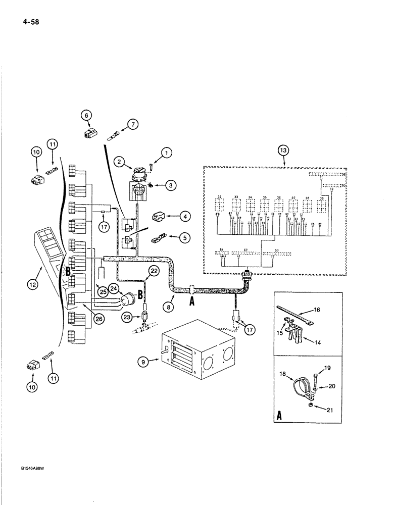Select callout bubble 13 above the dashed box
pos(284,150)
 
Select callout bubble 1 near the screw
pos(165,151)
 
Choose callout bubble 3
pos(172,186)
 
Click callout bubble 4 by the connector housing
pos(172,216)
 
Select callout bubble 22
pos(154,272)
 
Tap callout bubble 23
pos(126,317)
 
